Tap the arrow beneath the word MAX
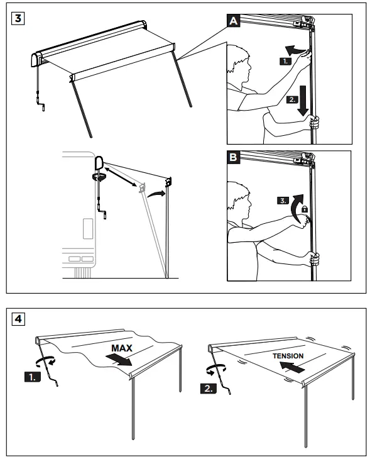[119, 360]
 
